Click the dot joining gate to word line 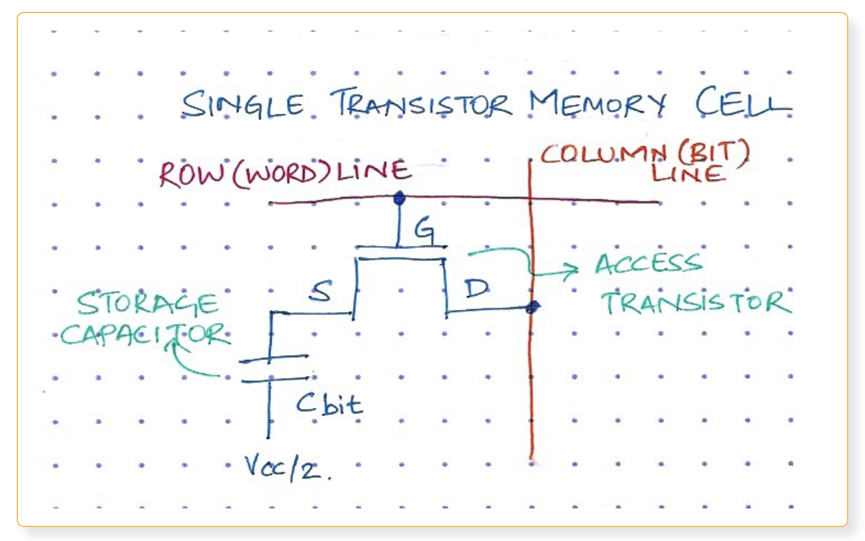(399, 199)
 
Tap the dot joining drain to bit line (532, 307)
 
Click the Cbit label (329, 404)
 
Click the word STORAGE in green (147, 305)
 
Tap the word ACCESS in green (647, 264)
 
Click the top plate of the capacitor (274, 359)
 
